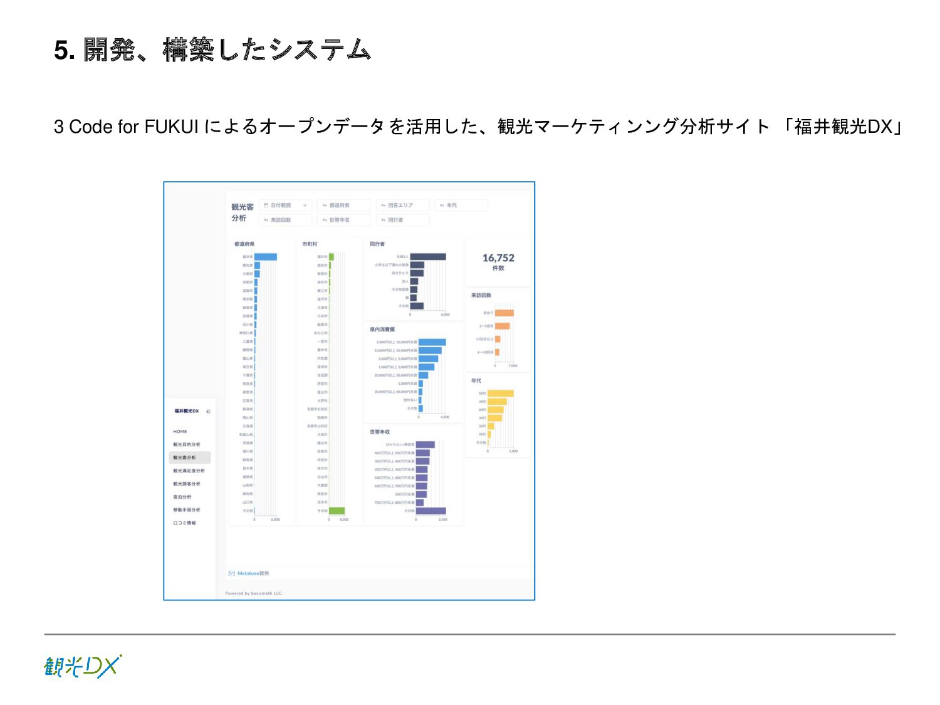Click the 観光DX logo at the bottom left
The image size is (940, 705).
[x=82, y=666]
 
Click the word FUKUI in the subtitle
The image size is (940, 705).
[x=171, y=127]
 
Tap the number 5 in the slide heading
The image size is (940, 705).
[x=61, y=50]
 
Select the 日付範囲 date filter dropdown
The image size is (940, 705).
[x=285, y=206]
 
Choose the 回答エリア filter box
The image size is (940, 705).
[x=402, y=206]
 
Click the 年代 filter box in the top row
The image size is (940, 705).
[x=461, y=206]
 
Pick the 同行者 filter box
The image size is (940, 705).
[x=402, y=220]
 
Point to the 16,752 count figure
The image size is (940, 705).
[x=498, y=258]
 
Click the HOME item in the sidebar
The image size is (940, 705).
[x=180, y=432]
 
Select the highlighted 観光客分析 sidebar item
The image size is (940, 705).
[x=189, y=457]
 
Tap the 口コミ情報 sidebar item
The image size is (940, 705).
[x=184, y=523]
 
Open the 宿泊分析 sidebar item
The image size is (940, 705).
[x=182, y=497]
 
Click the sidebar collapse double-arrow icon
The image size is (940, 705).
[x=208, y=412]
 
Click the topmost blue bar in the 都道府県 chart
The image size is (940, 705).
[x=265, y=257]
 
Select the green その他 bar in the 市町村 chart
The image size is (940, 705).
[x=337, y=511]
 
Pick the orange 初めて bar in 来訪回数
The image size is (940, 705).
[x=504, y=313]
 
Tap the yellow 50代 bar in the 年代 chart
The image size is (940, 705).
[x=500, y=394]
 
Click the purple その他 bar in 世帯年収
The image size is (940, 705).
[x=431, y=511]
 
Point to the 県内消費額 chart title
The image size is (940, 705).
[x=382, y=330]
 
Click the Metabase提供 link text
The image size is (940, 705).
[x=253, y=573]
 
